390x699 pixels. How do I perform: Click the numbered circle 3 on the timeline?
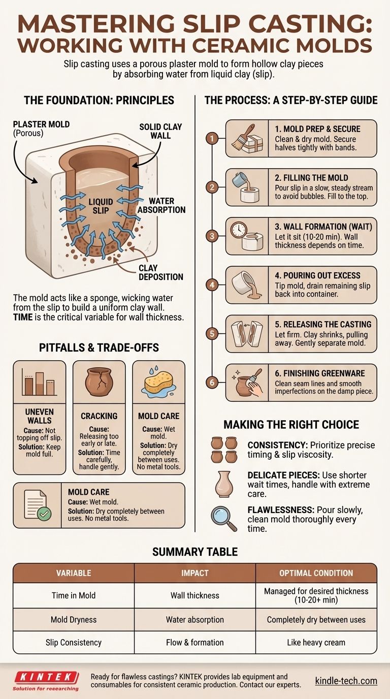[x=212, y=236]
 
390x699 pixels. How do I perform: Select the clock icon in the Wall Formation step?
[x=239, y=230]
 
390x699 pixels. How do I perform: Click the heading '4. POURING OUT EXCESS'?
[x=317, y=275]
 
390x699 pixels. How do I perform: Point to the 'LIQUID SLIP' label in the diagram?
[x=101, y=206]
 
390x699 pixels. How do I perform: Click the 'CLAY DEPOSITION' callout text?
[x=160, y=272]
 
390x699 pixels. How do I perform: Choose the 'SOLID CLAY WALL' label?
[x=160, y=131]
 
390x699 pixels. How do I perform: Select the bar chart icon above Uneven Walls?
[x=39, y=382]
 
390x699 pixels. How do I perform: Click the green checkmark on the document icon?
[x=44, y=514]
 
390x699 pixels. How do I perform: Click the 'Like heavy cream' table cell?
[x=316, y=643]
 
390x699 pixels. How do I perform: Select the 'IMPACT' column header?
[x=194, y=573]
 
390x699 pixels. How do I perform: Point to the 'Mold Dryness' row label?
[x=74, y=619]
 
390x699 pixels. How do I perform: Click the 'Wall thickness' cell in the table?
[x=194, y=595]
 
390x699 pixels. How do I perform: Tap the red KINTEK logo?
[x=46, y=681]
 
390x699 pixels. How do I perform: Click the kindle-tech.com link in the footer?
[x=346, y=681]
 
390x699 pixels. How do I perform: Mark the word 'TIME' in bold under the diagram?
[x=23, y=317]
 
